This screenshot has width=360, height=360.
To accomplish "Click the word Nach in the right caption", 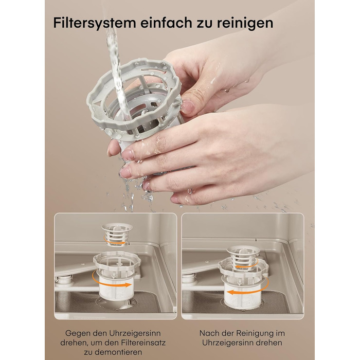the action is click(208, 333).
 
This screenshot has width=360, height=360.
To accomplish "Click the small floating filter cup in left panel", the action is click(117, 236).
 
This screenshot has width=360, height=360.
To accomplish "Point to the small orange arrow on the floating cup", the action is click(115, 241).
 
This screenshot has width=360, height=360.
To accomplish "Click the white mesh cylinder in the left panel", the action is click(115, 287).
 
